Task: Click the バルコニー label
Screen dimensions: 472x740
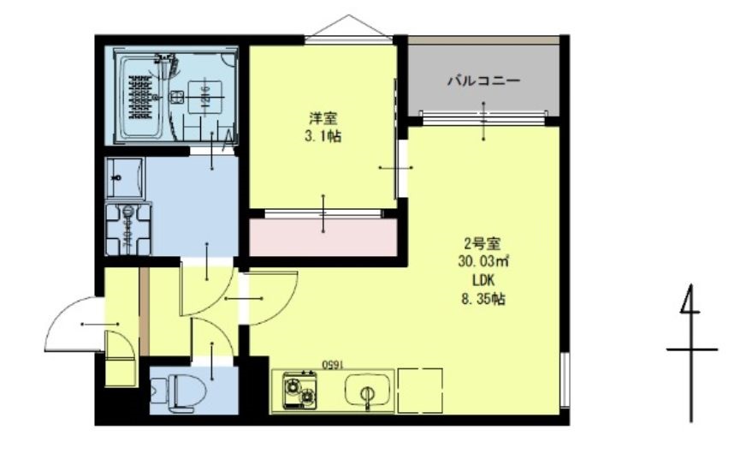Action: [x=484, y=82]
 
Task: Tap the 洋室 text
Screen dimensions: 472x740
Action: [x=323, y=118]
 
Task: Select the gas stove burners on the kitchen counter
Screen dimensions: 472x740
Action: [x=297, y=390]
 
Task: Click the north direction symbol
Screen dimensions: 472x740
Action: [x=690, y=351]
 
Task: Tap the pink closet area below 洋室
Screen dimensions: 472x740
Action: [x=323, y=237]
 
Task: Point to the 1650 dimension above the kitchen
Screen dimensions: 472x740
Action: [x=331, y=363]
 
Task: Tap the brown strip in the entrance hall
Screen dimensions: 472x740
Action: [x=145, y=312]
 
